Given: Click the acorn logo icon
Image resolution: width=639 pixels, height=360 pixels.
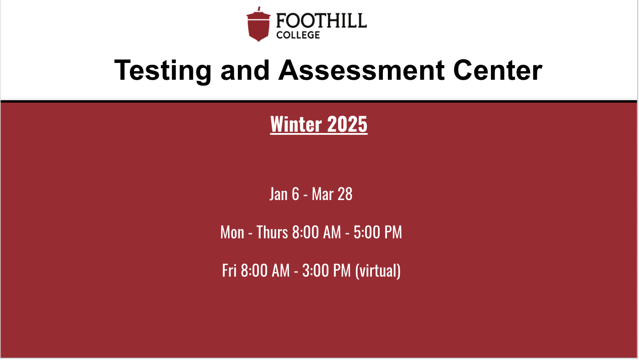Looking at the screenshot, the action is pyautogui.click(x=258, y=25).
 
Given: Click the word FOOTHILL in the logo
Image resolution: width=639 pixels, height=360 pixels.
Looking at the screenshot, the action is pyautogui.click(x=321, y=21).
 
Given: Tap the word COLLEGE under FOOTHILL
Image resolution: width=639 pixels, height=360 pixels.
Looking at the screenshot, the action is pyautogui.click(x=298, y=35).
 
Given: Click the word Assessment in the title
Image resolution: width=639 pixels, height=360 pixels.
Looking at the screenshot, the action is pyautogui.click(x=361, y=70).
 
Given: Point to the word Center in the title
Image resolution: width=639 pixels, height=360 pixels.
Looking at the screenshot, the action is pyautogui.click(x=498, y=70).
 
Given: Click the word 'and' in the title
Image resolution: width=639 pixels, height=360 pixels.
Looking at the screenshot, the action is pyautogui.click(x=245, y=70).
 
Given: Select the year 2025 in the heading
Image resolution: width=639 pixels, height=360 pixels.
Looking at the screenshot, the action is pyautogui.click(x=347, y=124).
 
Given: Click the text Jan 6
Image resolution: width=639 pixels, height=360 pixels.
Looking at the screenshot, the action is pyautogui.click(x=284, y=194).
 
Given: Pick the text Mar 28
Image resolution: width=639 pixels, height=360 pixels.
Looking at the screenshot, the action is pyautogui.click(x=332, y=194).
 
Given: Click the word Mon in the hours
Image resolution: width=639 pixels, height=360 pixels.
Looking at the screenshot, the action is pyautogui.click(x=232, y=232).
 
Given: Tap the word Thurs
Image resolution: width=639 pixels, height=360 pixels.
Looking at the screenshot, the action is pyautogui.click(x=272, y=232).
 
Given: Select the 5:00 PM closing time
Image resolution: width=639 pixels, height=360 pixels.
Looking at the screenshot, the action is pyautogui.click(x=378, y=232).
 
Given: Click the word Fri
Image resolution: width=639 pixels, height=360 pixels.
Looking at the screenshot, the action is pyautogui.click(x=229, y=270).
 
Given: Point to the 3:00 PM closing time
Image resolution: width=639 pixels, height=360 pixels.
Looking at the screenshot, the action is pyautogui.click(x=326, y=270).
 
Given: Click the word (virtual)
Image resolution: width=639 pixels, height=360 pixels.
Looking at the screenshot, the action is pyautogui.click(x=378, y=271).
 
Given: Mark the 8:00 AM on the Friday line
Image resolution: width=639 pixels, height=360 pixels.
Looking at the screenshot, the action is pyautogui.click(x=265, y=270).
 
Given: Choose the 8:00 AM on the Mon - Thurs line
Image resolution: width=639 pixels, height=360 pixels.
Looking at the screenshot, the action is pyautogui.click(x=316, y=232).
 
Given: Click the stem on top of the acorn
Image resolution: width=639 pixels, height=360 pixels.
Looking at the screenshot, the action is pyautogui.click(x=259, y=9).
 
